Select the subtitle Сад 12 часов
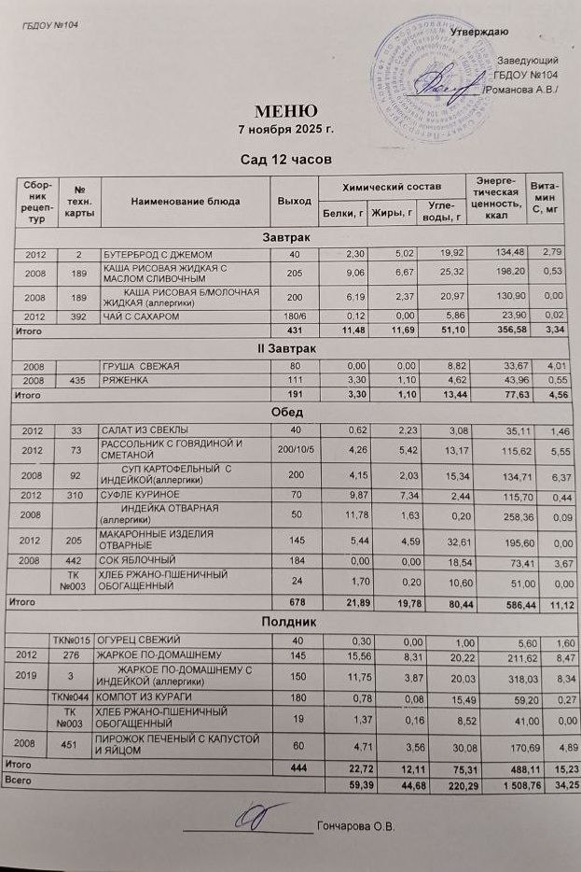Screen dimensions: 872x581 coord(280,160)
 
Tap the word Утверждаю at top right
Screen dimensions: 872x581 coord(479,33)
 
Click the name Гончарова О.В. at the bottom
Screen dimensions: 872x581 coord(356,826)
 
